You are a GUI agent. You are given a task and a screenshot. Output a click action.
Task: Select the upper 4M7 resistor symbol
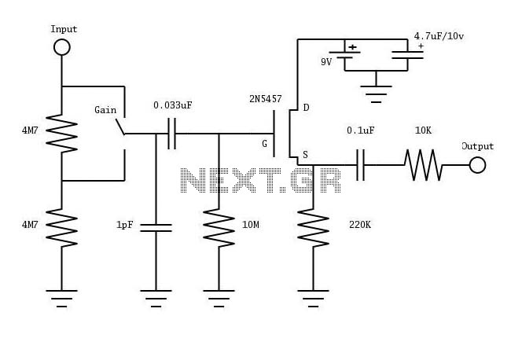pos(61,134)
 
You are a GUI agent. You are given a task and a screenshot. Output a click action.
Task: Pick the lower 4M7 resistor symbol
pos(61,228)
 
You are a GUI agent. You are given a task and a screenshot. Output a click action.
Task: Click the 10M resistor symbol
pos(219,228)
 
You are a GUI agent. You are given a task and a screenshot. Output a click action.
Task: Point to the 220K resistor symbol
pos(313,228)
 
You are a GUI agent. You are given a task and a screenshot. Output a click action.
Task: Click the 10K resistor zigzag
pos(424,165)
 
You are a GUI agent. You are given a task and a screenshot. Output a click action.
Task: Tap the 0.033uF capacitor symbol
pos(172,134)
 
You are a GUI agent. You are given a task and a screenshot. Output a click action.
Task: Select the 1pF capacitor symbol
pos(156,228)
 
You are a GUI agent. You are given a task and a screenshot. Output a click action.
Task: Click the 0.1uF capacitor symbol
pos(360,165)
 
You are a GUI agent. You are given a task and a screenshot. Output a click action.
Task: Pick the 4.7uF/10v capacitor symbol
pos(407,55)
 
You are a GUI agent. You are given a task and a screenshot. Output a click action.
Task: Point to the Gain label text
pos(105,110)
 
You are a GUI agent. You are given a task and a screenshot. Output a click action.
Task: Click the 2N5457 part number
pos(266,99)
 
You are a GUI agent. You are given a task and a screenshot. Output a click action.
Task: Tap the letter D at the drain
pos(307,108)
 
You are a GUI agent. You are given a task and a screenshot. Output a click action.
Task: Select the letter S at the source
pos(305,155)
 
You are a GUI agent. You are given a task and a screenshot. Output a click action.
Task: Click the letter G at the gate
pos(264,144)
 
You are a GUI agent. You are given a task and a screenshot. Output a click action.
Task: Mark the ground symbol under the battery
pos(377,94)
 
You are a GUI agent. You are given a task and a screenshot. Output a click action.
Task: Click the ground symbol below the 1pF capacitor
pos(156,299)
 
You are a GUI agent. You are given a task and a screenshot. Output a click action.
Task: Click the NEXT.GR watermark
pos(261,180)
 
